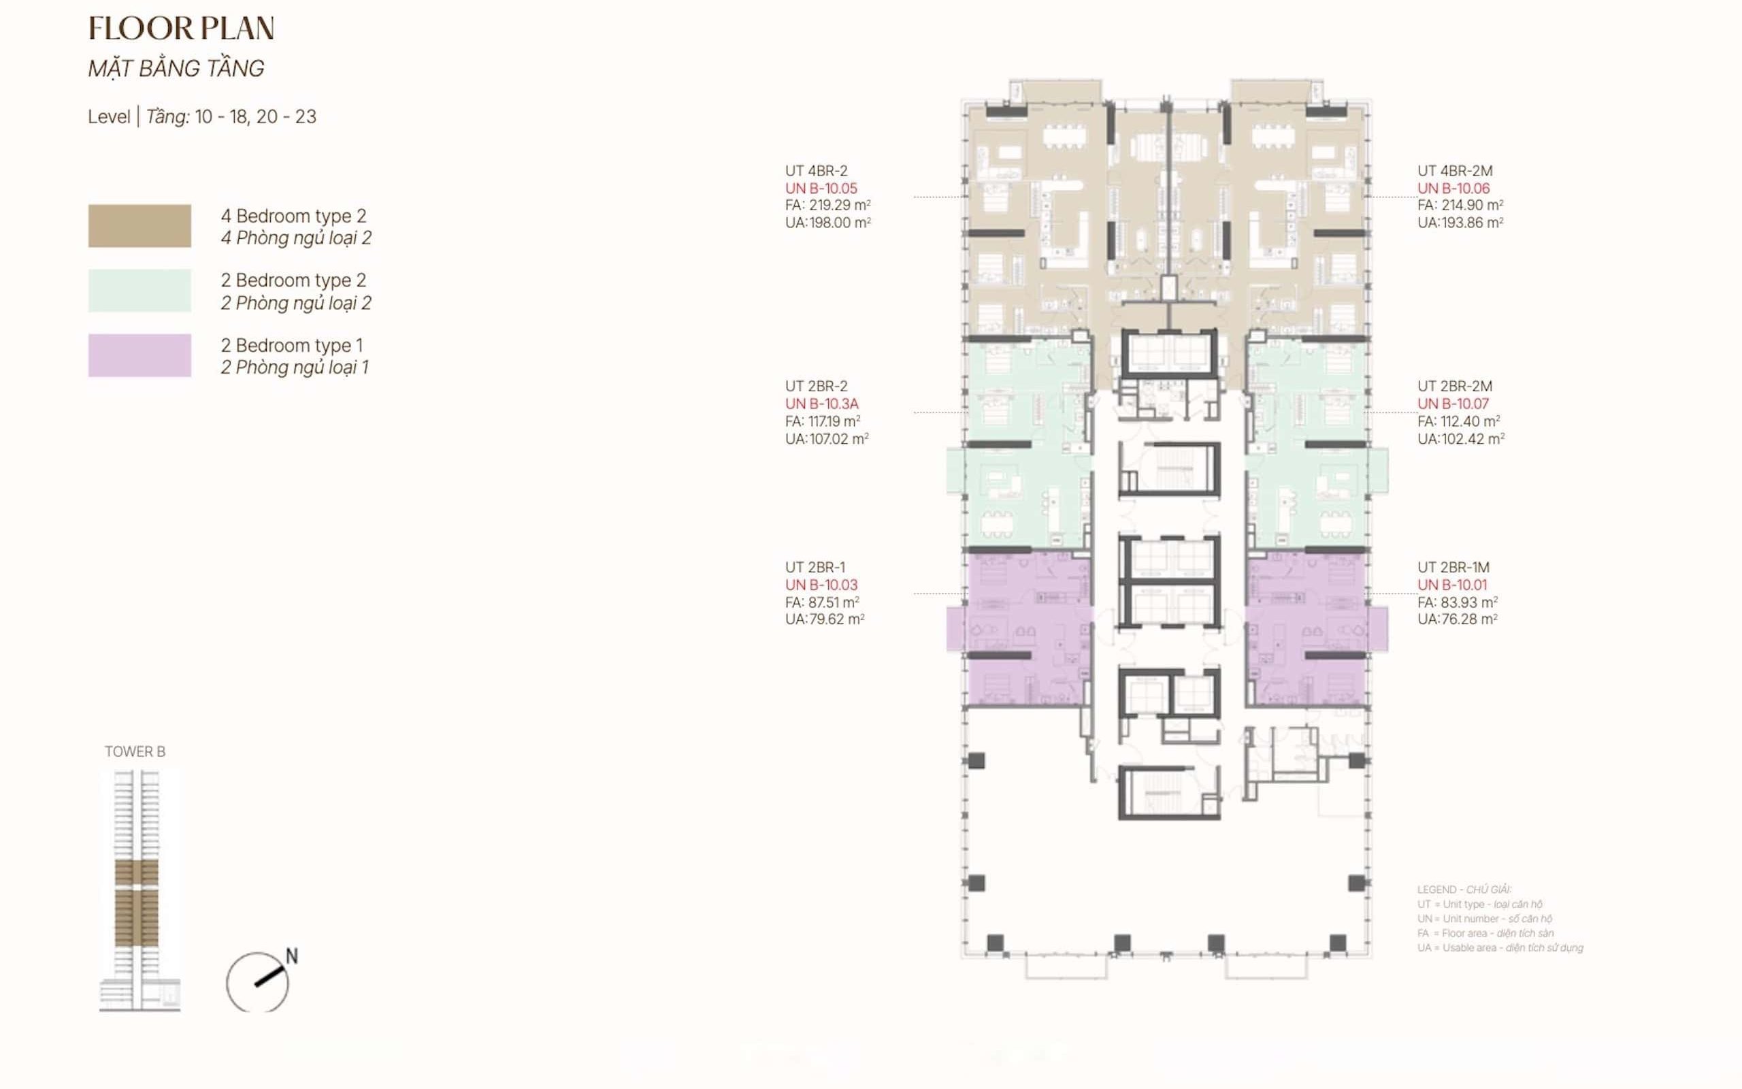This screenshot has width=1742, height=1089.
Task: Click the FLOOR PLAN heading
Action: (x=181, y=29)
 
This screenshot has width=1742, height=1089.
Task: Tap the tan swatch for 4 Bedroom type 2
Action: (x=139, y=226)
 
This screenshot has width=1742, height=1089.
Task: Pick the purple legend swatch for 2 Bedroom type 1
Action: (x=139, y=355)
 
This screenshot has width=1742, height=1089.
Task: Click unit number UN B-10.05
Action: (x=821, y=189)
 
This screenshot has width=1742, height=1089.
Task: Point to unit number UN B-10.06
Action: (x=1453, y=189)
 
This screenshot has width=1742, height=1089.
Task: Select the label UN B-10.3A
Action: (x=821, y=404)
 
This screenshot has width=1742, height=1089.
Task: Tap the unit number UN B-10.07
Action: (x=1453, y=404)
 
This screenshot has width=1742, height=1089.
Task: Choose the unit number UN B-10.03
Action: (x=821, y=585)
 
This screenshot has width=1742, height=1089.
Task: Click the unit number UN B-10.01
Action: (x=1452, y=585)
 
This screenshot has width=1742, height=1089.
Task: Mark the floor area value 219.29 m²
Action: (x=838, y=206)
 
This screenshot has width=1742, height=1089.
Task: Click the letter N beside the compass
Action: (x=291, y=956)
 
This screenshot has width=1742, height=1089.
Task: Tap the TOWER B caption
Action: (x=135, y=752)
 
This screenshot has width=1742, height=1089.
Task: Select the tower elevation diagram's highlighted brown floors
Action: (x=137, y=904)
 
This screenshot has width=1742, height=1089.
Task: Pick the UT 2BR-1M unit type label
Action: (x=1453, y=568)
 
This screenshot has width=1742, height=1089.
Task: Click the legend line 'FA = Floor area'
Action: (x=1485, y=933)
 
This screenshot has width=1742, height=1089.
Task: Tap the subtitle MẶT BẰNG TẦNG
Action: (x=176, y=69)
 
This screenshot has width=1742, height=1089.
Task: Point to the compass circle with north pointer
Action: (x=257, y=982)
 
